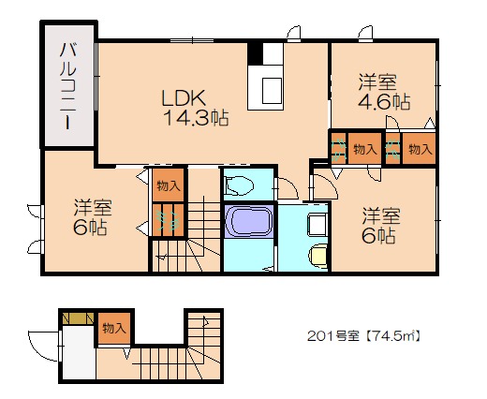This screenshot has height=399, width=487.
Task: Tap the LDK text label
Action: (x=184, y=97)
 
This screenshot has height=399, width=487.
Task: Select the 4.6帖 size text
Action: (x=379, y=102)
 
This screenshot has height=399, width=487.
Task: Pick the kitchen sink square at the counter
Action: (x=272, y=90)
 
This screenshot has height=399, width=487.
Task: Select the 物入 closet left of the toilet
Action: (x=170, y=185)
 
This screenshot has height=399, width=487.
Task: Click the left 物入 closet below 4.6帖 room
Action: (x=364, y=149)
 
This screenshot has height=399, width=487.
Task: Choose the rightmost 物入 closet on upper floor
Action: (x=420, y=149)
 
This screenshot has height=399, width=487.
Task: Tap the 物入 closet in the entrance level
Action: (x=114, y=328)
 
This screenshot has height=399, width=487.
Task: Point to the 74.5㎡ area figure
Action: (x=393, y=335)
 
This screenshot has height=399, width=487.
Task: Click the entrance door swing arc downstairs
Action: (x=43, y=344)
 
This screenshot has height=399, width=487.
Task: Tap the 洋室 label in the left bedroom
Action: (x=94, y=207)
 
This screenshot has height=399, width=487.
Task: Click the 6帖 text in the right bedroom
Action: (x=379, y=236)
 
